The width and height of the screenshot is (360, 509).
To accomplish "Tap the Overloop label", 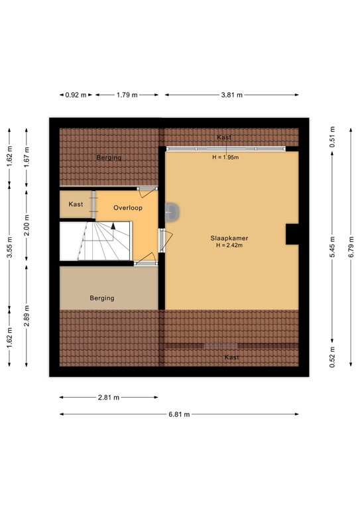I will [128, 207].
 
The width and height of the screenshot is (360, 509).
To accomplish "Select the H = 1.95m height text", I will [226, 157].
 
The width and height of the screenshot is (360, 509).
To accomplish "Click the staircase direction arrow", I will [113, 226].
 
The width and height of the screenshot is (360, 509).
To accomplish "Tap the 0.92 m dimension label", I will [76, 95].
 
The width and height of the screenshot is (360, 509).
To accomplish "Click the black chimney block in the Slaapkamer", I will [292, 234].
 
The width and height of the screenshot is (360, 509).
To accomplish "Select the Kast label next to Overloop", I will [76, 204].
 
